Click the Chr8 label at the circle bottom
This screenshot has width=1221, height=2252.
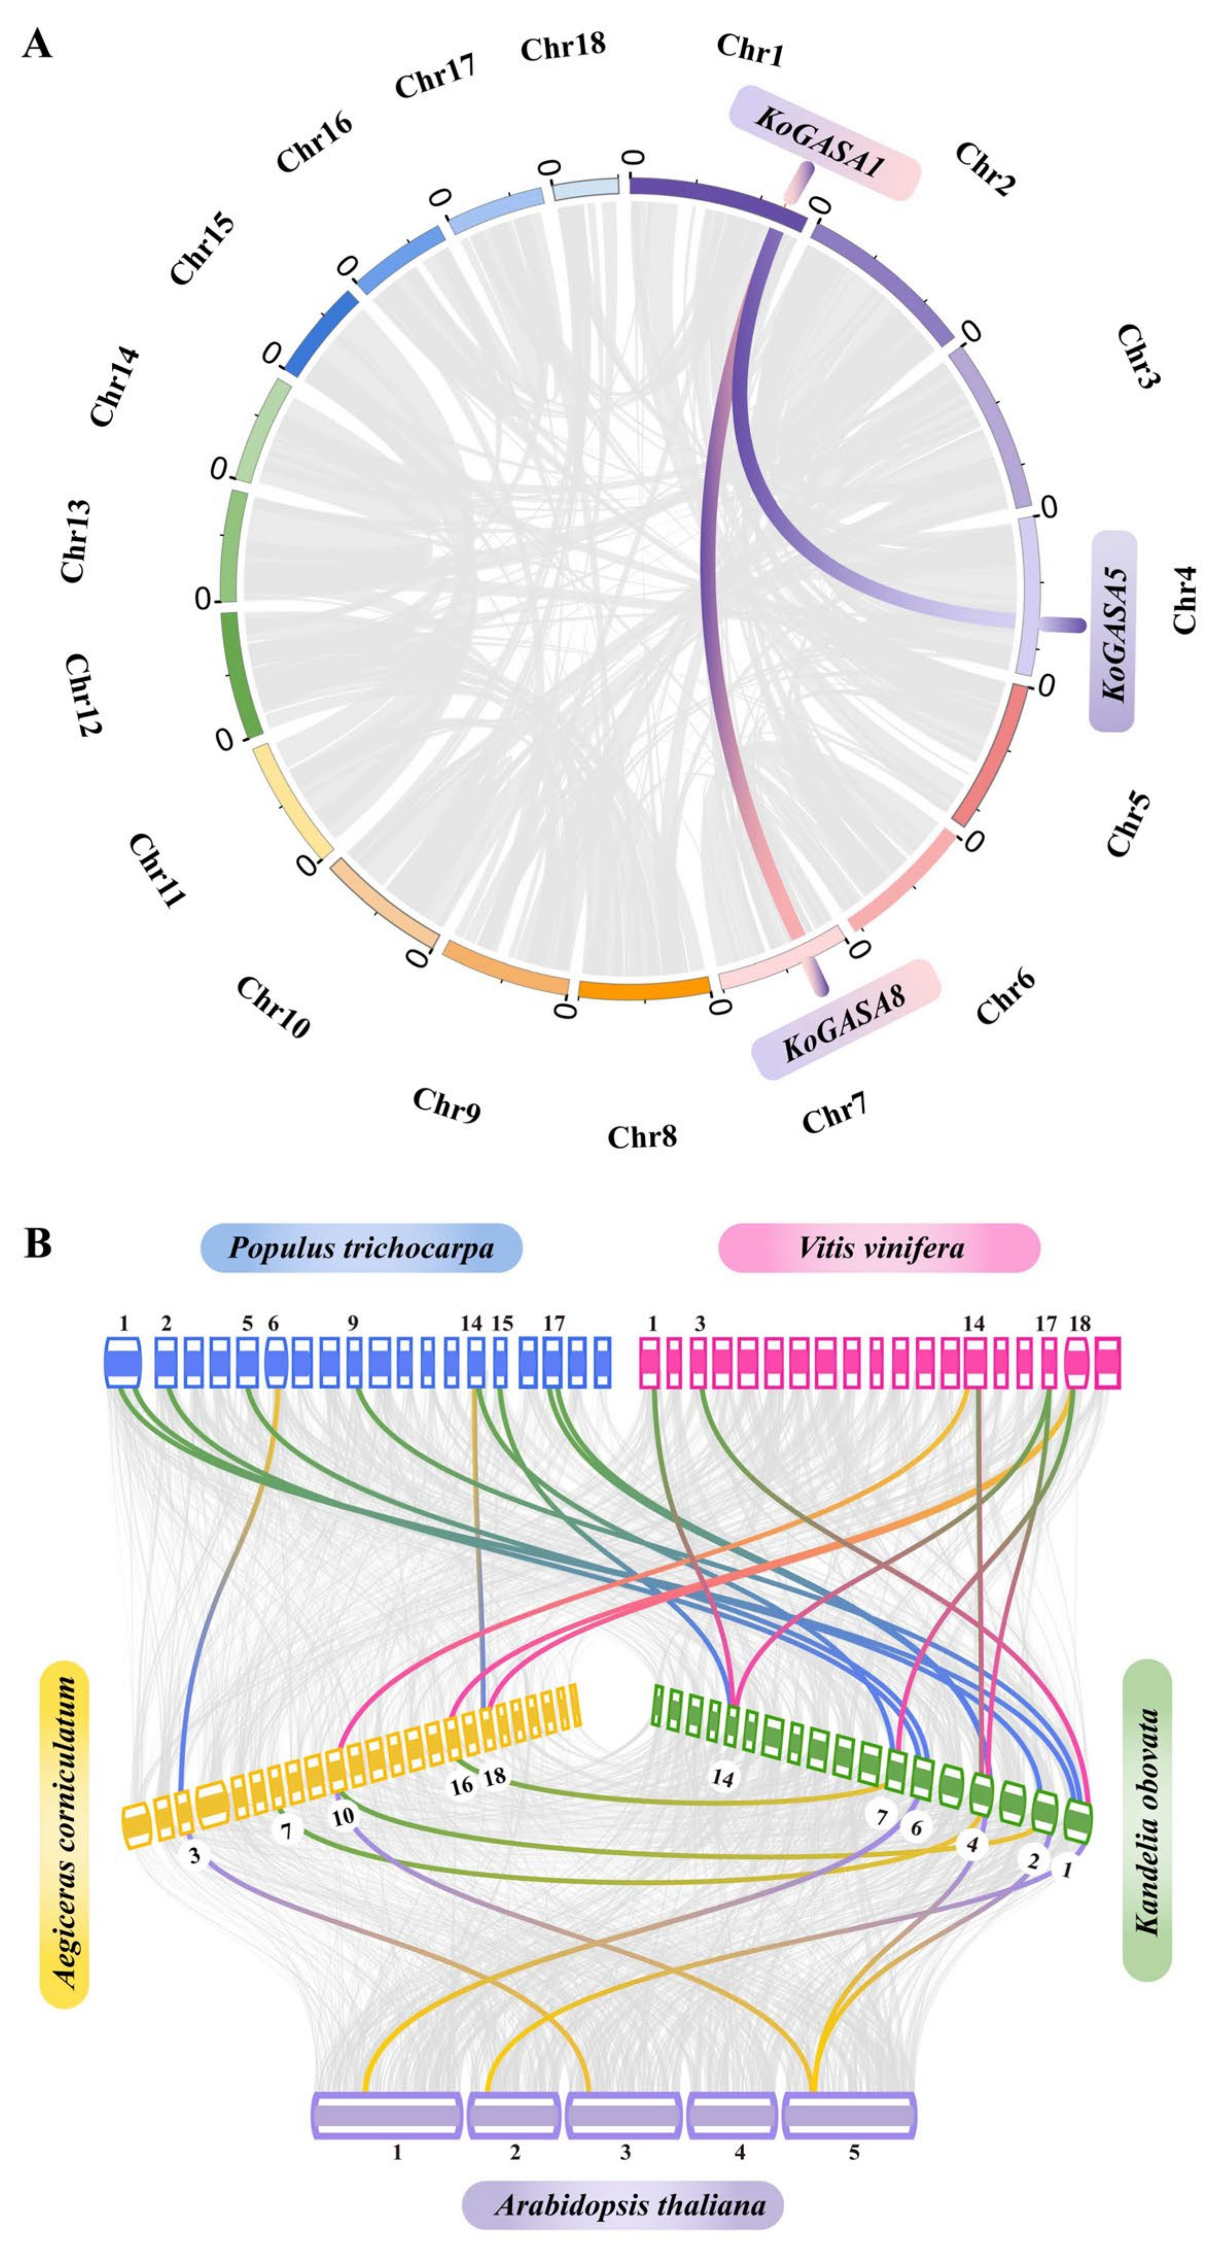(642, 1136)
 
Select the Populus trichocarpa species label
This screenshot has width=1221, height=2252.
(361, 1247)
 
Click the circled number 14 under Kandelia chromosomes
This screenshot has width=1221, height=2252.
(723, 1777)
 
